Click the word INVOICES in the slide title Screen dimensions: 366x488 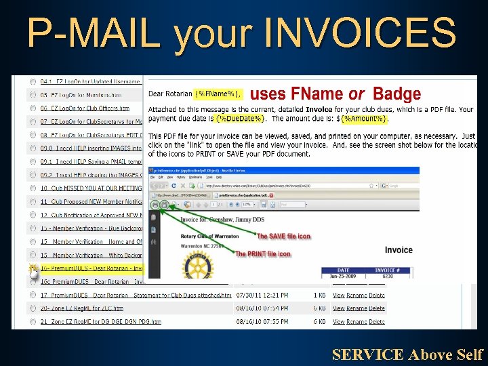click(360, 32)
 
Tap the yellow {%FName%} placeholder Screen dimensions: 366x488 click(218, 94)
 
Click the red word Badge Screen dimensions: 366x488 click(397, 94)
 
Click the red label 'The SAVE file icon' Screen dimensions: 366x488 click(283, 237)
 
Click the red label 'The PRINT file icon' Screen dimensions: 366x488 click(263, 254)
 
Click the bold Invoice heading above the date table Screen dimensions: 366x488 click(399, 250)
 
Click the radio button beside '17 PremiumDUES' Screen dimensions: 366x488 click(33, 296)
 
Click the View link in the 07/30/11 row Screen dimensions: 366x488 click(340, 296)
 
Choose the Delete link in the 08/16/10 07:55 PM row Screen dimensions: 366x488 click(377, 321)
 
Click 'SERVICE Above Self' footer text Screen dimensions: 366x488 click(407, 354)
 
